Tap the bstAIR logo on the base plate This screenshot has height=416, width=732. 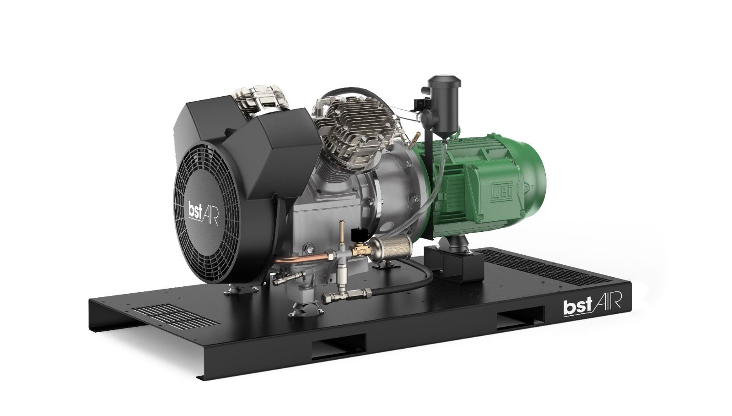[592, 304]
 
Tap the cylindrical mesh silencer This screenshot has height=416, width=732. [391, 248]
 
